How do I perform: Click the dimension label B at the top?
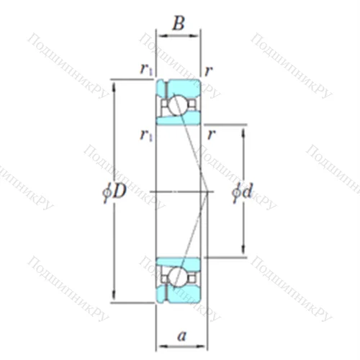tap(179, 23)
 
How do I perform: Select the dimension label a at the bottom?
tap(181, 336)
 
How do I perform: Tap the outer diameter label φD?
tap(114, 192)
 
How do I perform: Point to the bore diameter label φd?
tap(242, 192)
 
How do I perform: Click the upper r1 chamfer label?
tap(146, 70)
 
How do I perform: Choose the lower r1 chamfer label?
tap(146, 135)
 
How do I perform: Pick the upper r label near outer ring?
tap(208, 71)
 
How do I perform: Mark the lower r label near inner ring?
tap(211, 135)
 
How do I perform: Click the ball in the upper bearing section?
tap(178, 105)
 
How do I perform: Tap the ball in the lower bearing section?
tap(178, 277)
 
